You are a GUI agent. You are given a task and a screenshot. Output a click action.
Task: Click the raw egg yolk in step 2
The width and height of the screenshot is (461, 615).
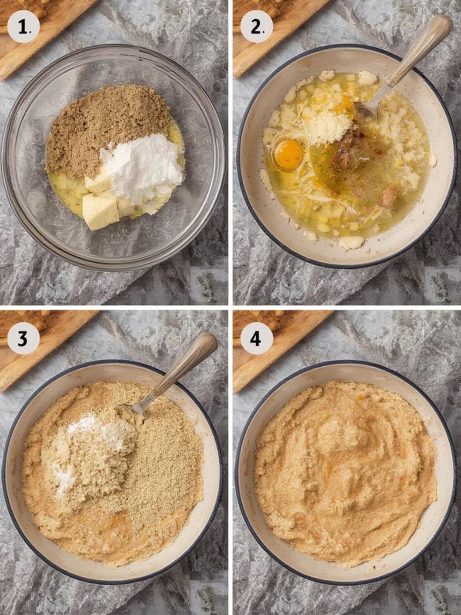(x=288, y=154)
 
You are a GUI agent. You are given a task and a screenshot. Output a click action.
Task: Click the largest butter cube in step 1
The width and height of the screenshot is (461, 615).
(x=100, y=212)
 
